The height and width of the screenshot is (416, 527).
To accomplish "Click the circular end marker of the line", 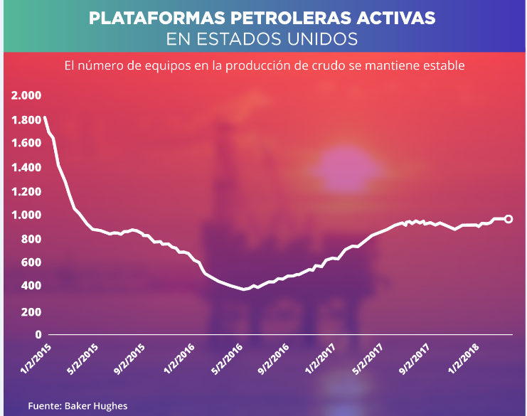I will [x=509, y=218].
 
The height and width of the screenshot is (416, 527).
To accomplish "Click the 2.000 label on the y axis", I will [x=26, y=96].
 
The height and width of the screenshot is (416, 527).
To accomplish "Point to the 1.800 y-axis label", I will [x=26, y=119].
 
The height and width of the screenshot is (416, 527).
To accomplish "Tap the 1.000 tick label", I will [x=26, y=215].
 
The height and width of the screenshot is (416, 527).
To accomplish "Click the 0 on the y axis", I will [x=39, y=334].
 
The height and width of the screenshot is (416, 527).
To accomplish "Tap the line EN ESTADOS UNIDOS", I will [x=262, y=37].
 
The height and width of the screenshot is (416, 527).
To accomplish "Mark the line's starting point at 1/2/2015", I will [x=45, y=117].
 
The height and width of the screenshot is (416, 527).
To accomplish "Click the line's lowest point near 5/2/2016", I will [x=244, y=289].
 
